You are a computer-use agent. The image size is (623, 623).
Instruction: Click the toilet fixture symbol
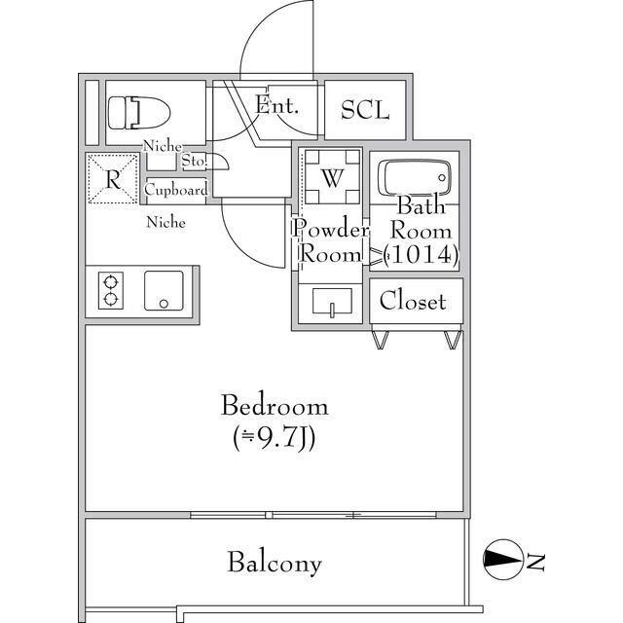[x=139, y=113]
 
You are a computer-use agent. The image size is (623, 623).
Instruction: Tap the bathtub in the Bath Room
[x=415, y=177]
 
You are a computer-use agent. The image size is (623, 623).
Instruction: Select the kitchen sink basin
[x=164, y=290]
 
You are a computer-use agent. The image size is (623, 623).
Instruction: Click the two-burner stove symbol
[x=110, y=290]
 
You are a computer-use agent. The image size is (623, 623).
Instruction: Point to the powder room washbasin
[x=332, y=302]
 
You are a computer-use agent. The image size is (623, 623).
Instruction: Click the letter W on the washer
[x=332, y=178]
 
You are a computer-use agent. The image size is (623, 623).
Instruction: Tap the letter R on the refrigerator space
[x=113, y=180]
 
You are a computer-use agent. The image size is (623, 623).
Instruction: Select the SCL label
[x=365, y=110]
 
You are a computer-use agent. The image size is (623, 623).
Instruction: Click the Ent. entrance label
[x=276, y=105]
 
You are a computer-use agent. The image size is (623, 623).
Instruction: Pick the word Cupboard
[x=176, y=190]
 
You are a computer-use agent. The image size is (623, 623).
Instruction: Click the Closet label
[x=413, y=301]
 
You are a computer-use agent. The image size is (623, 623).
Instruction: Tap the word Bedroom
[x=275, y=406]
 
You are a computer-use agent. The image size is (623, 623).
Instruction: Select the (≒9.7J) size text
[x=275, y=439]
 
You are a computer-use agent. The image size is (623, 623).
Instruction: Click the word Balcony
[x=275, y=563]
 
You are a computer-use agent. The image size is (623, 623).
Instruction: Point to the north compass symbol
[x=502, y=559]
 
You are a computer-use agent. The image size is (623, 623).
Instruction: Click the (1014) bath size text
[x=421, y=255]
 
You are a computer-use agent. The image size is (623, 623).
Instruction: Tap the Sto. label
[x=195, y=161]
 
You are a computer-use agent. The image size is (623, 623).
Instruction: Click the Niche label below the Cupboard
[x=166, y=222]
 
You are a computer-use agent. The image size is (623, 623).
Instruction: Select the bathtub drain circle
[x=442, y=177]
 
